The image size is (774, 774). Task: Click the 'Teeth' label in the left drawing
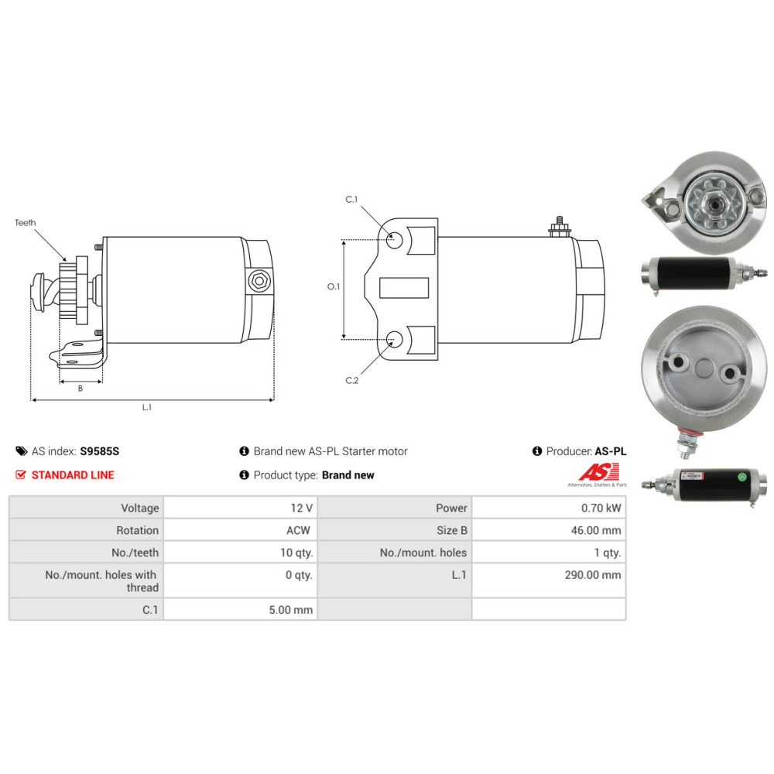coord(26,223)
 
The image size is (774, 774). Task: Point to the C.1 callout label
coord(351,200)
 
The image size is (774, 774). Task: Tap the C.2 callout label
coord(352,380)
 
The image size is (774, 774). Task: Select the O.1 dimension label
coord(334,286)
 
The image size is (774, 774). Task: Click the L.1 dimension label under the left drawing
coord(147,407)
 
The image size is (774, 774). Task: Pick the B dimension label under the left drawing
coord(80,389)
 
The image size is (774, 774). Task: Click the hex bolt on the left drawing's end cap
coord(259,282)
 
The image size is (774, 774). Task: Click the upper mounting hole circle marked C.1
coord(394,241)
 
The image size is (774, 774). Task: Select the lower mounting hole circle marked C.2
coord(394,339)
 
